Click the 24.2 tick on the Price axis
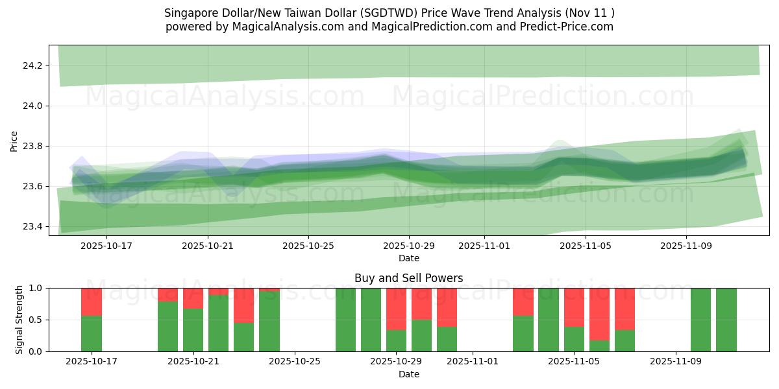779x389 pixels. tap(33, 65)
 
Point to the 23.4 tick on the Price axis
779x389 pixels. tap(33, 226)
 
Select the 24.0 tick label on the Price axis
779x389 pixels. tap(33, 106)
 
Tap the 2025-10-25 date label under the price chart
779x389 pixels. tap(308, 246)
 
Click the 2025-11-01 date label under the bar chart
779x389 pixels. tap(473, 362)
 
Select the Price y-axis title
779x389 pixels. tap(14, 141)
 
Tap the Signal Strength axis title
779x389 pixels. tap(19, 319)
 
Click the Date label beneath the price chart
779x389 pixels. tap(409, 258)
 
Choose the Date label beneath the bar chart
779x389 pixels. tap(409, 374)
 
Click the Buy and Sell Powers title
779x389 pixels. tap(409, 278)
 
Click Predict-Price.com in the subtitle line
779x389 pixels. tap(567, 27)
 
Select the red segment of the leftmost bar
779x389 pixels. tap(92, 301)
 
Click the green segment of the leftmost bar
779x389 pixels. tap(92, 333)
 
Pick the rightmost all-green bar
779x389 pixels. tap(726, 320)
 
